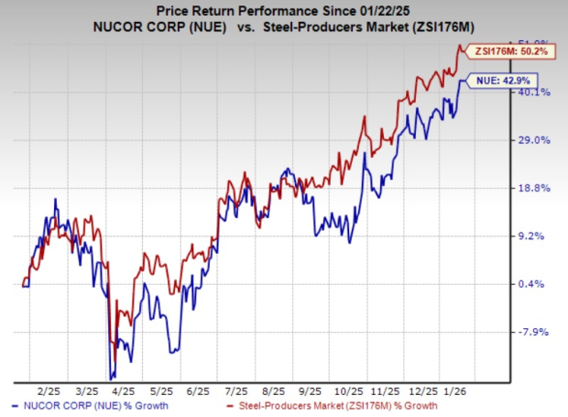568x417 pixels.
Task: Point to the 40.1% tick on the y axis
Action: pyautogui.click(x=534, y=92)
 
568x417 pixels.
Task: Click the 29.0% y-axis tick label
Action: pyautogui.click(x=534, y=140)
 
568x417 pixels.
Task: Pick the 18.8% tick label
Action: pyautogui.click(x=534, y=188)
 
